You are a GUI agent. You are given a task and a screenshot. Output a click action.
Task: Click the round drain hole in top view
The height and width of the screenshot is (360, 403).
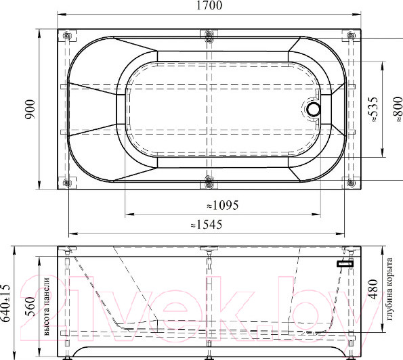[314, 108]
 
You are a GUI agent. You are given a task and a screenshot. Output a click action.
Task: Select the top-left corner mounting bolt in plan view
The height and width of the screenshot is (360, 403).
[67, 36]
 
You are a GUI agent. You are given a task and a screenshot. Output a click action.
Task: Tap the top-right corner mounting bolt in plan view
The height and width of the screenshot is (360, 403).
[351, 36]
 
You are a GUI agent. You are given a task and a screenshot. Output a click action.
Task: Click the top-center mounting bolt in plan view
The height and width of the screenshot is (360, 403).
[209, 36]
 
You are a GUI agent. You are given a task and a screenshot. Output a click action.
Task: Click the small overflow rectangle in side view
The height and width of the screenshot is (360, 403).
[345, 263]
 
